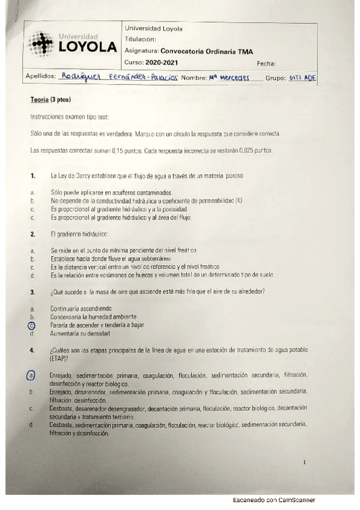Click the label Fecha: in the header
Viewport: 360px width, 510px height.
pos(266,63)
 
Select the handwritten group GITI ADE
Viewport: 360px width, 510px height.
pos(302,78)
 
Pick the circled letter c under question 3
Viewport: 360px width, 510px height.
pos(31,325)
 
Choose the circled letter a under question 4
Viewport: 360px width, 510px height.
pos(31,375)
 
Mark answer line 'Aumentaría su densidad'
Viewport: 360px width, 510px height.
pos(81,333)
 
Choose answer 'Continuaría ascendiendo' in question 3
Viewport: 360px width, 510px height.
pos(81,308)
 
